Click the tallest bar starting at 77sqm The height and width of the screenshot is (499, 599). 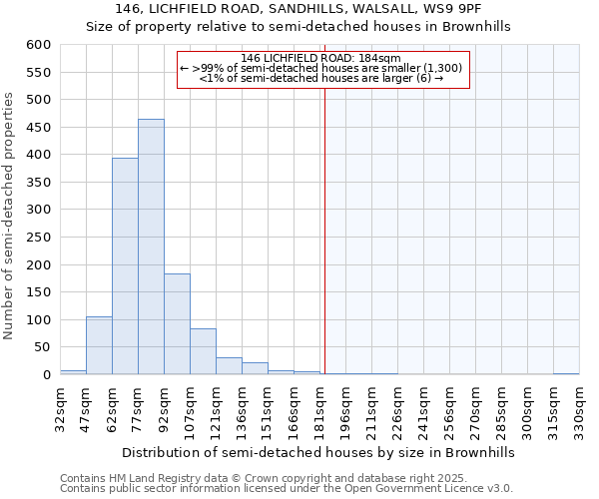point(151,247)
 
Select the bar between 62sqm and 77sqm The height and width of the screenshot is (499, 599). point(125,265)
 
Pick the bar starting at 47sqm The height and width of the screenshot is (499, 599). point(99,345)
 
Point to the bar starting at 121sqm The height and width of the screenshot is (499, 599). point(229,365)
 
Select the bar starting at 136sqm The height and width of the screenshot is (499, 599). point(255,368)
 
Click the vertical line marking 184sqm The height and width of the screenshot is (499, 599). point(324,230)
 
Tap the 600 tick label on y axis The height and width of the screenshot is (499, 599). point(38,45)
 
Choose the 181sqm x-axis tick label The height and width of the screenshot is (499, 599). point(320,406)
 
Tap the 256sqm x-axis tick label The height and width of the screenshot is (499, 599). point(450,406)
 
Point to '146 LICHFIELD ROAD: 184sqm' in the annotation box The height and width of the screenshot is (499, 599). point(320,58)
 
